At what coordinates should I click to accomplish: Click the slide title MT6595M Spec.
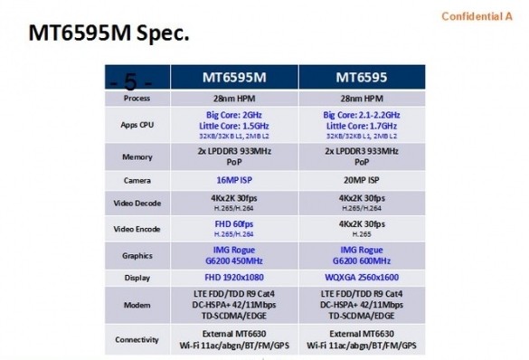tap(109, 33)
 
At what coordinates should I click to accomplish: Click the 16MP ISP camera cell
tap(233, 181)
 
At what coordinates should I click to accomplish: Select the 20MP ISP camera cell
tap(359, 181)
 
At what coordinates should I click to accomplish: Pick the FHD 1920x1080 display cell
tap(233, 277)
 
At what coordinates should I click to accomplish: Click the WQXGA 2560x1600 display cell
tap(359, 277)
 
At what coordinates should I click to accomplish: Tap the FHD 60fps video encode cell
tap(233, 226)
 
